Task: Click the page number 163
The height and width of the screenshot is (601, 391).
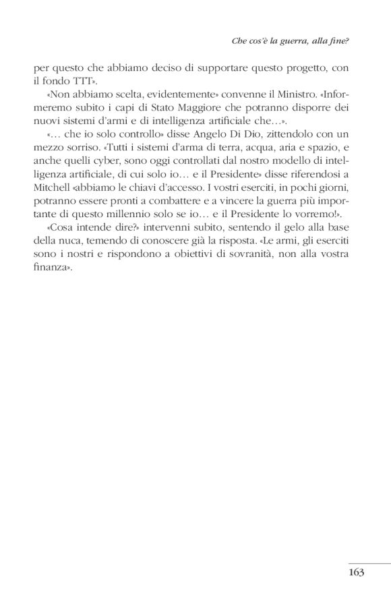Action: [x=356, y=573]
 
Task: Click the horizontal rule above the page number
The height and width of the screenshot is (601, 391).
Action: [x=369, y=564]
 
